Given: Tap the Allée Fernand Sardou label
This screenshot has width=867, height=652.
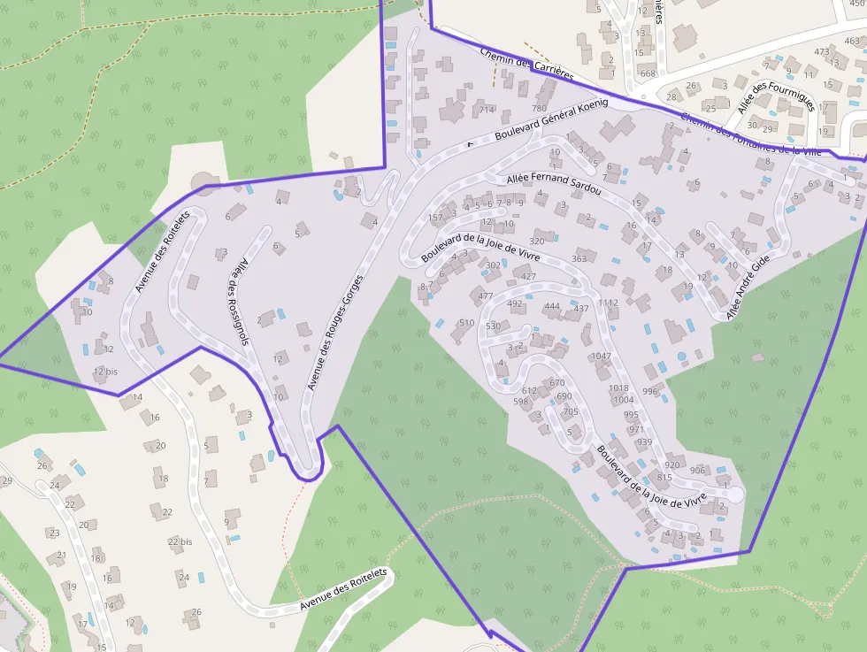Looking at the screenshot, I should (x=554, y=184).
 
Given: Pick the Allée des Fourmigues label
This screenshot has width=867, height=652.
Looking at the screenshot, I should (x=776, y=91).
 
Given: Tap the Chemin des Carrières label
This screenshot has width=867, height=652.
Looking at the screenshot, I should (x=526, y=64).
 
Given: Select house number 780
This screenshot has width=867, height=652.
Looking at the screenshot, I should (x=539, y=108).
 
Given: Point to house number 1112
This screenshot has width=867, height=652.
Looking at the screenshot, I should (x=608, y=303).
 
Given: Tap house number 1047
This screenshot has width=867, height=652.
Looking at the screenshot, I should (x=601, y=357).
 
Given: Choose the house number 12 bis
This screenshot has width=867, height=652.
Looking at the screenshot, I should (x=105, y=372).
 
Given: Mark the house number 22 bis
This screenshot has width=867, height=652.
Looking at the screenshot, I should (x=180, y=541).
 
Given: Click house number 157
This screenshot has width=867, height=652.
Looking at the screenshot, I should (x=435, y=217).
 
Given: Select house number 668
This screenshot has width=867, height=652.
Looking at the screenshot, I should (x=648, y=73).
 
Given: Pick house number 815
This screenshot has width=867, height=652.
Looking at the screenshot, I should (x=664, y=478).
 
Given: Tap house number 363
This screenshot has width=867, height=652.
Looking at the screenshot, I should (x=579, y=259).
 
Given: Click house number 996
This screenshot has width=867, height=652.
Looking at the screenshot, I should (x=650, y=391).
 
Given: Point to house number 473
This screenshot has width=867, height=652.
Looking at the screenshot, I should (x=822, y=51).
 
